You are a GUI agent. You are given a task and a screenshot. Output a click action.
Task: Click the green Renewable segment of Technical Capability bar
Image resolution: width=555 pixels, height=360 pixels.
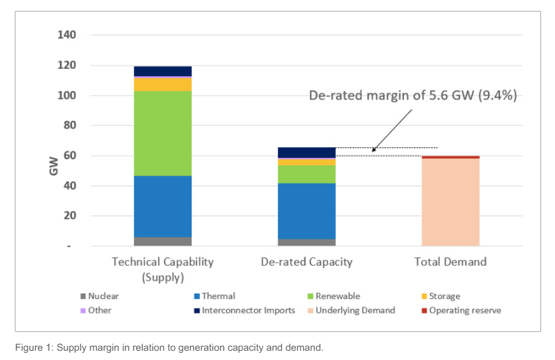(x=163, y=133)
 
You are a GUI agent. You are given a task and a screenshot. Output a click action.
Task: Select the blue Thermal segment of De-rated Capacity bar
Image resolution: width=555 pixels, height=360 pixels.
(x=307, y=211)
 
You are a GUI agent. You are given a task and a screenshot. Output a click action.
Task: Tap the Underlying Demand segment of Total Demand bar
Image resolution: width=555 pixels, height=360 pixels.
(x=450, y=202)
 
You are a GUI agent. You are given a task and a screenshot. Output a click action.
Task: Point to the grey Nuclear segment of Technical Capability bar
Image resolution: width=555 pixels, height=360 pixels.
(x=163, y=241)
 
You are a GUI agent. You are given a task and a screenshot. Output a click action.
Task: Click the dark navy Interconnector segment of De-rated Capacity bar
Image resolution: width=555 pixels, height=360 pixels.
(x=307, y=152)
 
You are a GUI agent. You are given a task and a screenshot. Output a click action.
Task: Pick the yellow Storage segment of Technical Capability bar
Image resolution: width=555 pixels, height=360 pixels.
(x=163, y=84)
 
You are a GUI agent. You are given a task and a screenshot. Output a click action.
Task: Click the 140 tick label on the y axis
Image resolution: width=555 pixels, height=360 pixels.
(x=67, y=35)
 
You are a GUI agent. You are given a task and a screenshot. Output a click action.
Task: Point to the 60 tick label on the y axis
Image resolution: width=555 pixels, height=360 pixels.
(x=69, y=155)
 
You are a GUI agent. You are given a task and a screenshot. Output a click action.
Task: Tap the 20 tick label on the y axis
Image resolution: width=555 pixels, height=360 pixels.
(x=69, y=216)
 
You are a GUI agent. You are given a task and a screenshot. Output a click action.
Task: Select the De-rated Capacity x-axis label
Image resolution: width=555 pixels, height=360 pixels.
(x=307, y=262)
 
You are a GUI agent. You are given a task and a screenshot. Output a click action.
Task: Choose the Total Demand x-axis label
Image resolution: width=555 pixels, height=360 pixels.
(x=450, y=262)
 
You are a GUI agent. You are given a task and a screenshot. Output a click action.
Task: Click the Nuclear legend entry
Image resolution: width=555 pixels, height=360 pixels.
(x=103, y=296)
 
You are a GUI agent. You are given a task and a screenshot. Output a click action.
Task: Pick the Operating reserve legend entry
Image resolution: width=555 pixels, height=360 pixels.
(x=465, y=310)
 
